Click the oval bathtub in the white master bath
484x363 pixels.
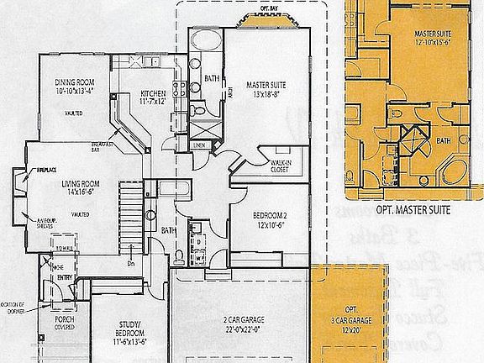(x=204, y=43)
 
